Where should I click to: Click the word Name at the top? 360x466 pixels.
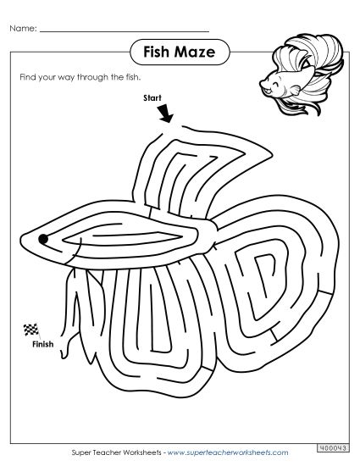(x=23, y=30)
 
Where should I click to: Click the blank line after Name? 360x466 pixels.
(x=123, y=31)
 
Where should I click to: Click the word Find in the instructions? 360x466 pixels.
(x=25, y=77)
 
